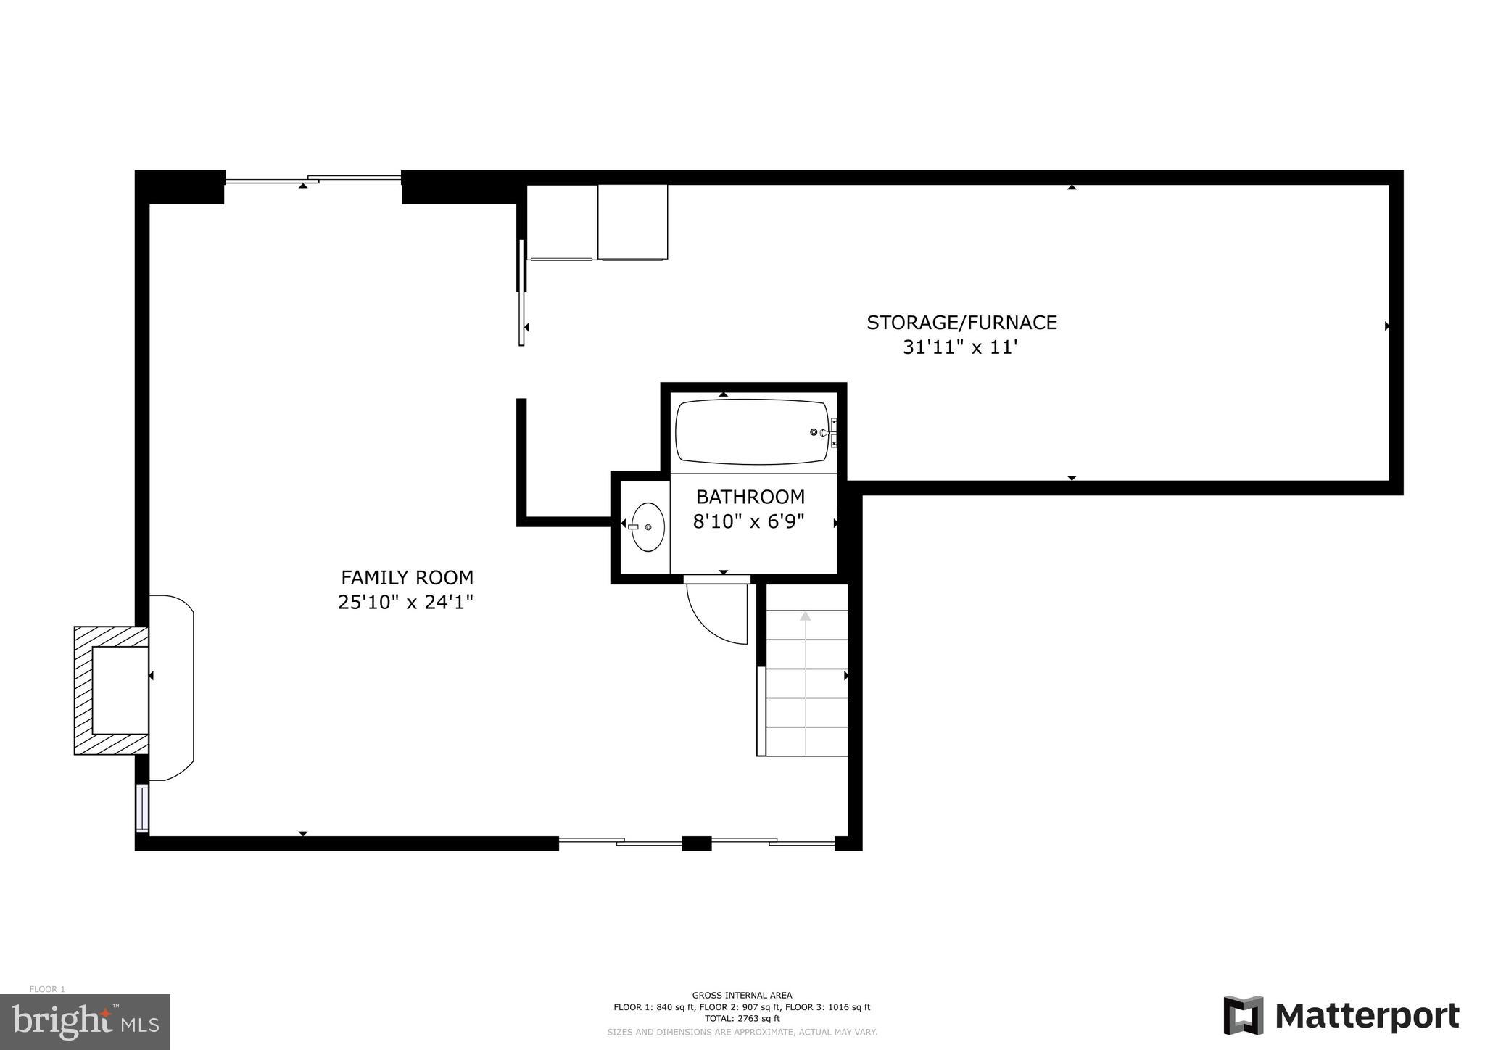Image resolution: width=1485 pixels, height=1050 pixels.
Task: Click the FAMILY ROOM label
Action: coord(407,578)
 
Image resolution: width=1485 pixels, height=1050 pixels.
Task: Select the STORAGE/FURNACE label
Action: coord(961,323)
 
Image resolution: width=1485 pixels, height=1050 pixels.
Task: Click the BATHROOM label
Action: coord(750,497)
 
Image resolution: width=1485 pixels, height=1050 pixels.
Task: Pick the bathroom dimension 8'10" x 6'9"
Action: coord(749,522)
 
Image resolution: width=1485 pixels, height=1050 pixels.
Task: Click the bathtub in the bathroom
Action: coord(751,432)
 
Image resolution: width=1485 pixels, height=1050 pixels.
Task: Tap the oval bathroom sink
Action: coord(648,527)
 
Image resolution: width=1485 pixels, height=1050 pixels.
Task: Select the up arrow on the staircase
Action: coord(805,616)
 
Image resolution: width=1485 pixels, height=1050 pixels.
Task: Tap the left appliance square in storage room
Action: coord(562,222)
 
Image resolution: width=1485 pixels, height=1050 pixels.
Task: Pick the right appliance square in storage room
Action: coord(632,222)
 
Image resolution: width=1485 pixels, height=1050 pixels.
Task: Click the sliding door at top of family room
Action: coord(313,178)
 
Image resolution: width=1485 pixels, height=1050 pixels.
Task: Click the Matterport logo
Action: coord(1341,1016)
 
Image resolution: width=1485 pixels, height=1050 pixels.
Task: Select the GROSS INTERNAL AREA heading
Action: coord(742,995)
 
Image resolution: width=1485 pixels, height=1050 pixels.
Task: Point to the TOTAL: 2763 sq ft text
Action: coord(742,1018)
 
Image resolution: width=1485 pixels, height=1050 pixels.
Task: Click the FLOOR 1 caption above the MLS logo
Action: coord(47,989)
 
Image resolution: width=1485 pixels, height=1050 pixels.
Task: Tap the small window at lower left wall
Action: coord(142,807)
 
